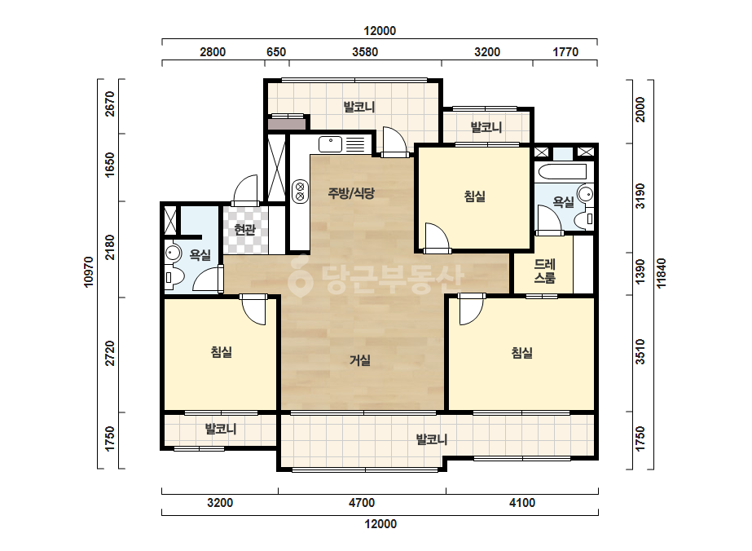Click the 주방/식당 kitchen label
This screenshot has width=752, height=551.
tap(351, 193)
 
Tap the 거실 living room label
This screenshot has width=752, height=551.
tap(359, 360)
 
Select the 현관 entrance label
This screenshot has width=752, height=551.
tap(244, 230)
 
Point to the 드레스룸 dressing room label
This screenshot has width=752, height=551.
tap(545, 271)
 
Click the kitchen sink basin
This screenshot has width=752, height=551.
tap(331, 144)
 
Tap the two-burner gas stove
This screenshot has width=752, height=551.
tap(300, 191)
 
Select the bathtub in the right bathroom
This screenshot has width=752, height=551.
tap(562, 172)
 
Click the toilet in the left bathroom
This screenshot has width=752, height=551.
tap(174, 277)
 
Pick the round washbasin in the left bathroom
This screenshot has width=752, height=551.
tap(173, 253)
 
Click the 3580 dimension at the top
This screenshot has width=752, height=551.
tap(365, 52)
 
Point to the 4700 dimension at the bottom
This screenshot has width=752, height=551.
tap(362, 503)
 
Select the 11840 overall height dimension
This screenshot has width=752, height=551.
tap(662, 273)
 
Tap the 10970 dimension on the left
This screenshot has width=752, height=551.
tap(89, 272)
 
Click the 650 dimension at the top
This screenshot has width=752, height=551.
tap(276, 52)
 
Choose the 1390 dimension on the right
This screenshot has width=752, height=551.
tap(640, 272)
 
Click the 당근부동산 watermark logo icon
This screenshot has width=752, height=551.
tap(301, 276)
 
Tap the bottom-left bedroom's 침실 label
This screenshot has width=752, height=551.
tap(222, 352)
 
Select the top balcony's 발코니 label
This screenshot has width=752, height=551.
tap(359, 107)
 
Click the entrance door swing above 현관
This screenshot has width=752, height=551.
tap(245, 190)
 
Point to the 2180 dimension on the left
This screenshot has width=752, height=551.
tap(110, 248)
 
